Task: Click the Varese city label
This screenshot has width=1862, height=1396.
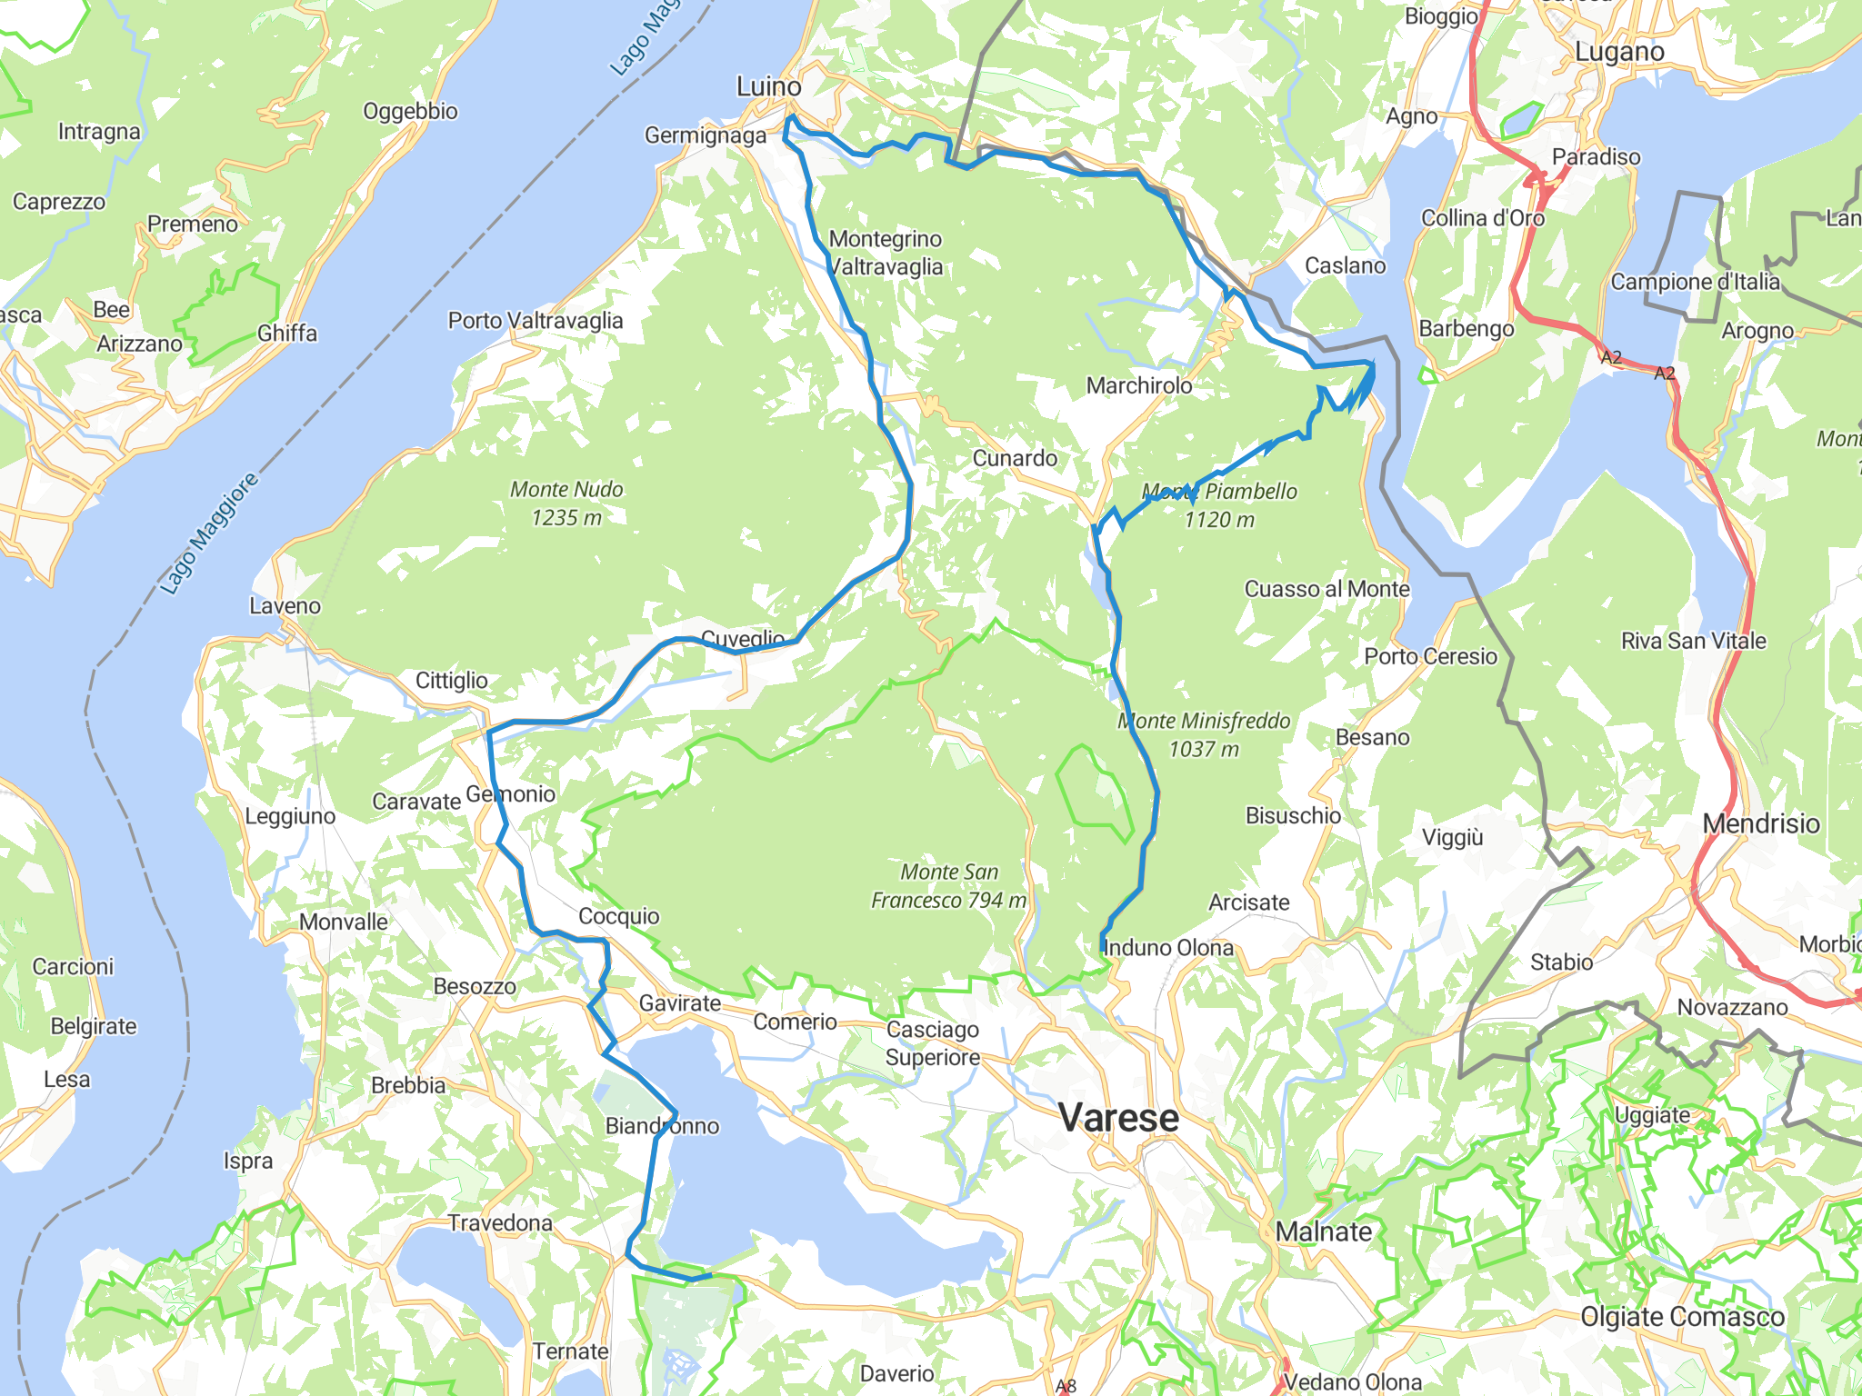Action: tap(1118, 1118)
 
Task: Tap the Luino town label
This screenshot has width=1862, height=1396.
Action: tap(768, 87)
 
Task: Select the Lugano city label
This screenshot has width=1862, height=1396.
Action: tap(1619, 52)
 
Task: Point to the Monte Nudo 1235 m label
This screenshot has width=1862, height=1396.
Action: tap(566, 504)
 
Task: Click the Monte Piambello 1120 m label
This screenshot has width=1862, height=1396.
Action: tap(1219, 505)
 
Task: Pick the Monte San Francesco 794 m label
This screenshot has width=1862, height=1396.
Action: tap(949, 886)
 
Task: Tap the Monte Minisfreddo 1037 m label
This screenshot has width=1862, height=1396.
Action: tap(1204, 735)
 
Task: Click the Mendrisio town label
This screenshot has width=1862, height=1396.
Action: tap(1760, 824)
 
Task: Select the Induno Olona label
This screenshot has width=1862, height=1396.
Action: tap(1168, 948)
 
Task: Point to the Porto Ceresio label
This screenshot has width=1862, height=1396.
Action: tap(1430, 657)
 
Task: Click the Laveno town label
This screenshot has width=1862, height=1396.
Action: tap(285, 606)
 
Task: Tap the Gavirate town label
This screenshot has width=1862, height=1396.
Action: tap(680, 1003)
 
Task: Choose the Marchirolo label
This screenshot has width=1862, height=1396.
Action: tap(1139, 386)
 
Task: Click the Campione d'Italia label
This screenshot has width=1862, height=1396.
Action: tap(1695, 282)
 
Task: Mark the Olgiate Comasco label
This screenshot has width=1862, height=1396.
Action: tap(1682, 1317)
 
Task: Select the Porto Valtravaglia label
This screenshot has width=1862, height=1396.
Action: tap(536, 321)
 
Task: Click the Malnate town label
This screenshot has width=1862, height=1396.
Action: tap(1324, 1232)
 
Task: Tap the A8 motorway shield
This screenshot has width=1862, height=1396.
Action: tap(1066, 1386)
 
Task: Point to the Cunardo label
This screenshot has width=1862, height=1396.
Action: tap(1015, 458)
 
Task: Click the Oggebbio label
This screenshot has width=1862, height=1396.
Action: tap(410, 112)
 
